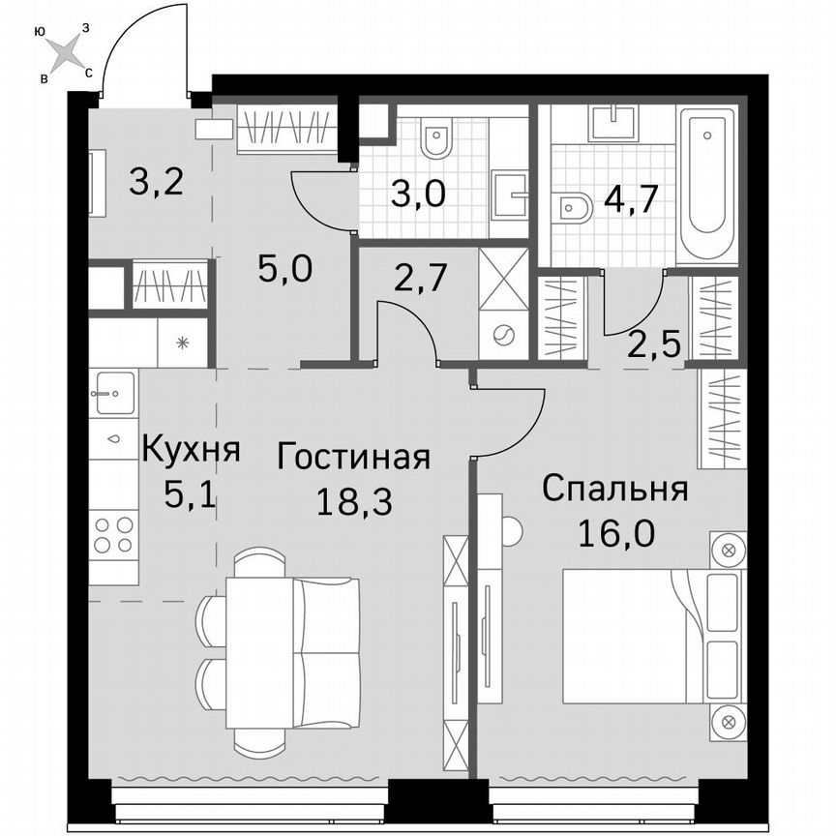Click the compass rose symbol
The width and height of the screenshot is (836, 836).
click(x=65, y=52)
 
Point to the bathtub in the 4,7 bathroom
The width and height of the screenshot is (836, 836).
click(x=708, y=185)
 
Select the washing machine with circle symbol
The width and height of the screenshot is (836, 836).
click(x=503, y=335)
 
